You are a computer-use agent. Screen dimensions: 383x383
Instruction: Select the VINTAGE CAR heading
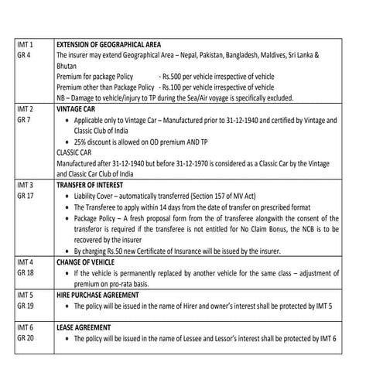76,111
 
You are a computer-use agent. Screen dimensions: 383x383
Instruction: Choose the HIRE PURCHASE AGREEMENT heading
98,295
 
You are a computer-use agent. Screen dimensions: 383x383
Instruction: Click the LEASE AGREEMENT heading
84,327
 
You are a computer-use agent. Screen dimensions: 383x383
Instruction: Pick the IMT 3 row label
25,186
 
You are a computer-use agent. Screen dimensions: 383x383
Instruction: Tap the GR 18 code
25,273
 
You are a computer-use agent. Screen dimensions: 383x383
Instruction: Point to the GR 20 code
25,338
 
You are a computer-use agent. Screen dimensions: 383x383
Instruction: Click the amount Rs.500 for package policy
173,78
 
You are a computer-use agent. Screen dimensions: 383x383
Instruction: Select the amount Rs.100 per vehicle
173,89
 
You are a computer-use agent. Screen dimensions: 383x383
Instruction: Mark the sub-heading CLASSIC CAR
75,154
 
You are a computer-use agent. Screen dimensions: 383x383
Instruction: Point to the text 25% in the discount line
81,143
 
